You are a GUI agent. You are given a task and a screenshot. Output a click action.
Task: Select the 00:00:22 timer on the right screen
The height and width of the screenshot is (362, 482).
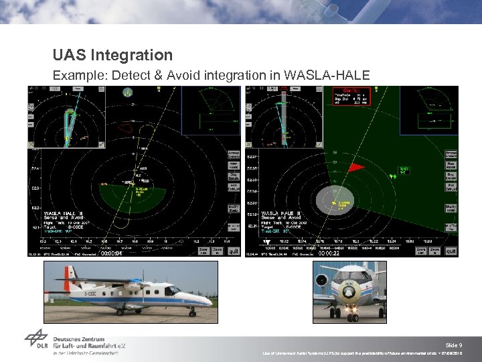coord(329,254)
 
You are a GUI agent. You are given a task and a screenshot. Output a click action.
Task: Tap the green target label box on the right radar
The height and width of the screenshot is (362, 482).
coord(404,169)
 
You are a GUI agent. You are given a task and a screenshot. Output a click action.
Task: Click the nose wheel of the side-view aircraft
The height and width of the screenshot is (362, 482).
coord(191,311)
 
